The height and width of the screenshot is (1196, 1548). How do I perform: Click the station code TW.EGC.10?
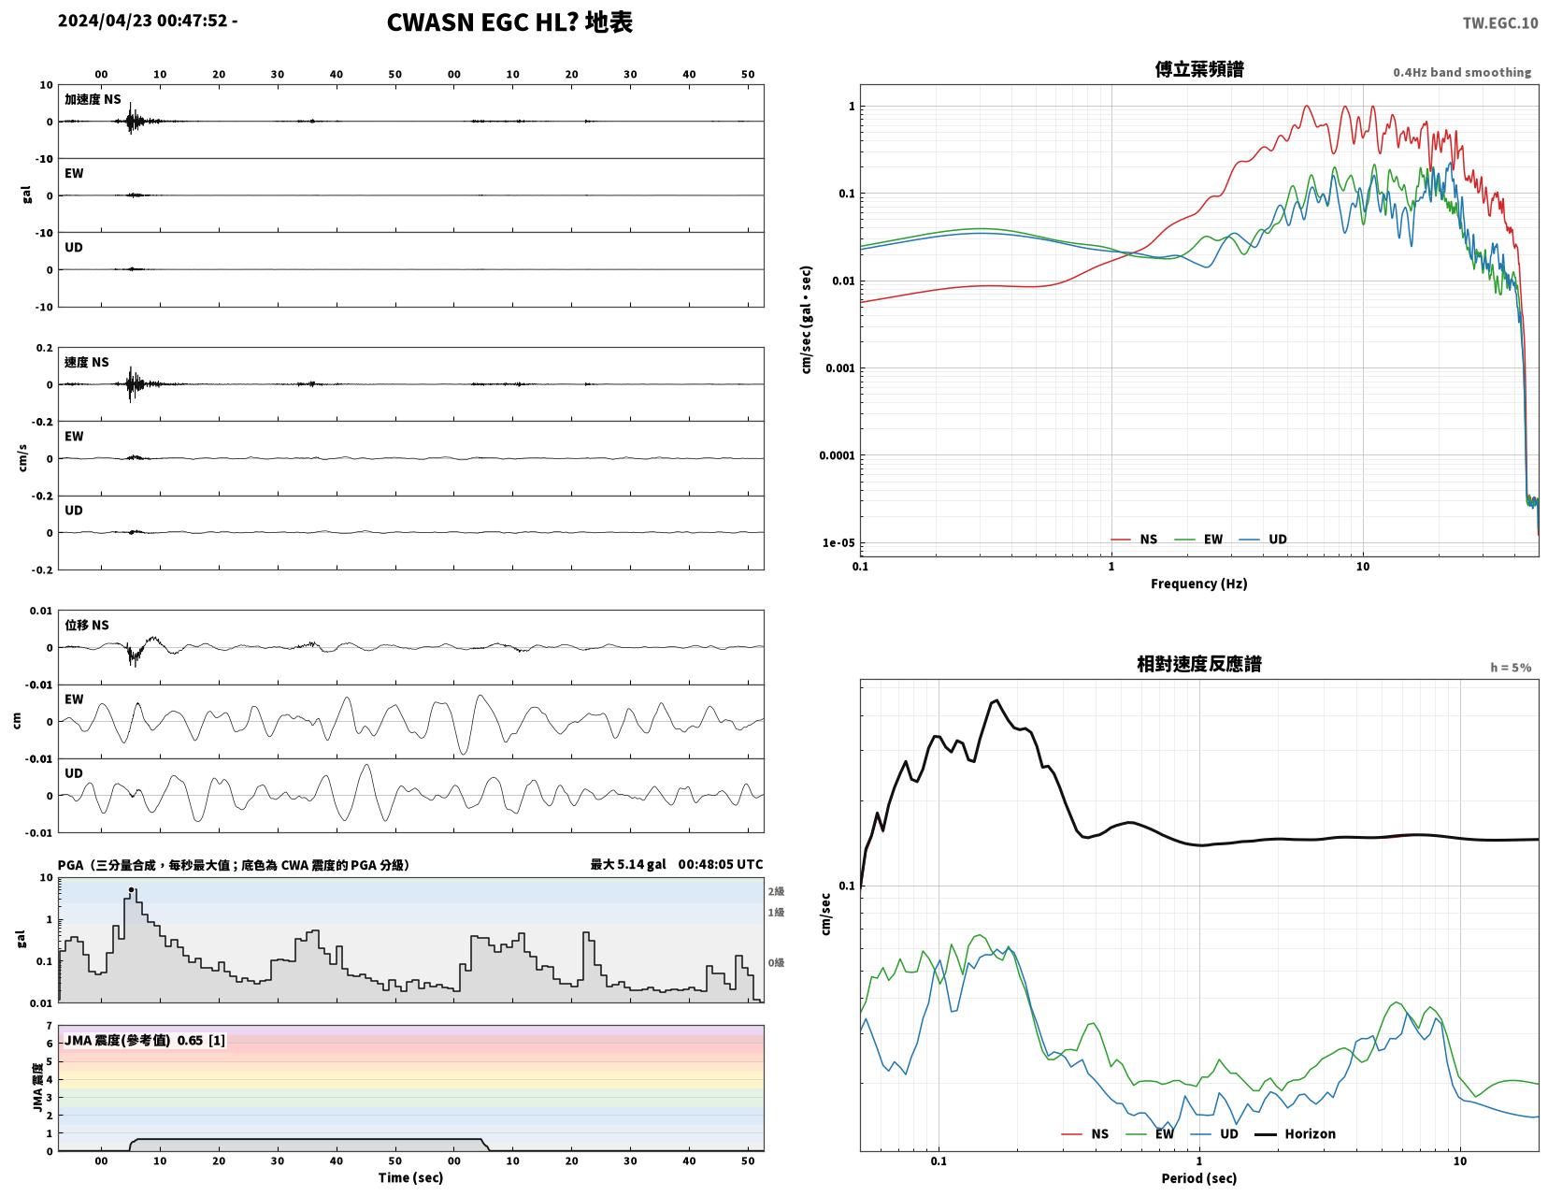1499,23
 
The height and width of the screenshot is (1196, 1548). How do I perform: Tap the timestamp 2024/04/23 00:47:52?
142,21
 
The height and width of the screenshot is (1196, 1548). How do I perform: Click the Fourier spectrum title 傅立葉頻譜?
1199,69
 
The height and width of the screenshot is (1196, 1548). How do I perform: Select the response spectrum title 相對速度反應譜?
1199,664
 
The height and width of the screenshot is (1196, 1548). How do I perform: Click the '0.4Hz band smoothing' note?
1462,72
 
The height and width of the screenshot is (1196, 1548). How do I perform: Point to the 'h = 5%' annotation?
1511,668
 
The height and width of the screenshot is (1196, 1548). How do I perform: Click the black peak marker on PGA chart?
131,889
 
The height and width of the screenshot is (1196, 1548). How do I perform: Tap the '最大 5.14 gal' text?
627,864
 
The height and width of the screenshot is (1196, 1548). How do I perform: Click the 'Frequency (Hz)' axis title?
1199,584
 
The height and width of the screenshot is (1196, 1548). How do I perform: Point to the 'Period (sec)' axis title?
1199,1178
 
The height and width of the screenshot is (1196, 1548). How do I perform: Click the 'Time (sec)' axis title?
410,1177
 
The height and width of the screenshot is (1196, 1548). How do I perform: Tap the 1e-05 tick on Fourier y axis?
838,542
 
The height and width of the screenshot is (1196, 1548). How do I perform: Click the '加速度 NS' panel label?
93,99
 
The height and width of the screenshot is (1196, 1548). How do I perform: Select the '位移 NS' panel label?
87,625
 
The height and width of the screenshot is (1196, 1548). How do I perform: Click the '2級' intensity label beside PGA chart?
776,891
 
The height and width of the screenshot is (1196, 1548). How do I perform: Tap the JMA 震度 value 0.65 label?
190,1040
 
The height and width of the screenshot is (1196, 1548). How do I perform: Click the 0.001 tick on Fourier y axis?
839,368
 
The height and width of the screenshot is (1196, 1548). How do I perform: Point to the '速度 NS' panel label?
87,362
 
